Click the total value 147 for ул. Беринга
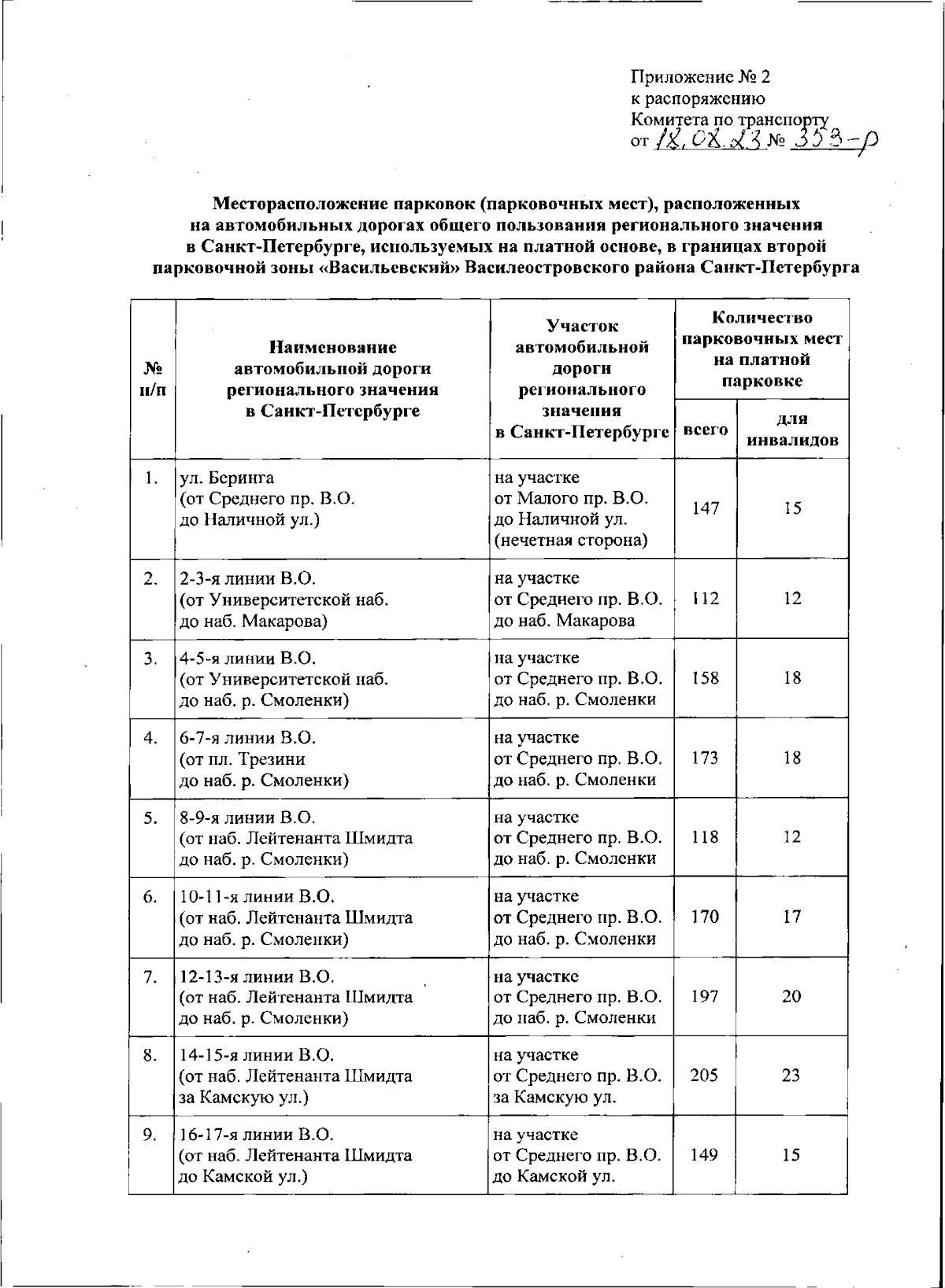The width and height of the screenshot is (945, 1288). (705, 508)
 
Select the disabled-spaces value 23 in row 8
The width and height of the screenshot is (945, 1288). (791, 1075)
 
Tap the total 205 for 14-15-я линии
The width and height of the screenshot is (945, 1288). (704, 1075)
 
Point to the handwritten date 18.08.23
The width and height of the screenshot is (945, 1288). (707, 142)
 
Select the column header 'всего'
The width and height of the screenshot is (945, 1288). (705, 430)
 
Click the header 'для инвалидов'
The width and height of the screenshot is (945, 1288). (791, 430)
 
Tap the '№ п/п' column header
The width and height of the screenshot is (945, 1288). (152, 379)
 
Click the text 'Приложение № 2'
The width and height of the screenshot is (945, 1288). (701, 77)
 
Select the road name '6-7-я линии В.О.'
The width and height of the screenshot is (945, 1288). (248, 738)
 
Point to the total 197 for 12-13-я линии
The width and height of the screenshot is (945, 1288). (704, 996)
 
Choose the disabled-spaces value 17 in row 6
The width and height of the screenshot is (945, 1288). (791, 916)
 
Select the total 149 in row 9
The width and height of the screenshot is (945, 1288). (704, 1155)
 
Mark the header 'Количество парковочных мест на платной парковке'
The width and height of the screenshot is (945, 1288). (761, 349)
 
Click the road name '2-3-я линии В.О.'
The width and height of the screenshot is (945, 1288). (248, 578)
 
